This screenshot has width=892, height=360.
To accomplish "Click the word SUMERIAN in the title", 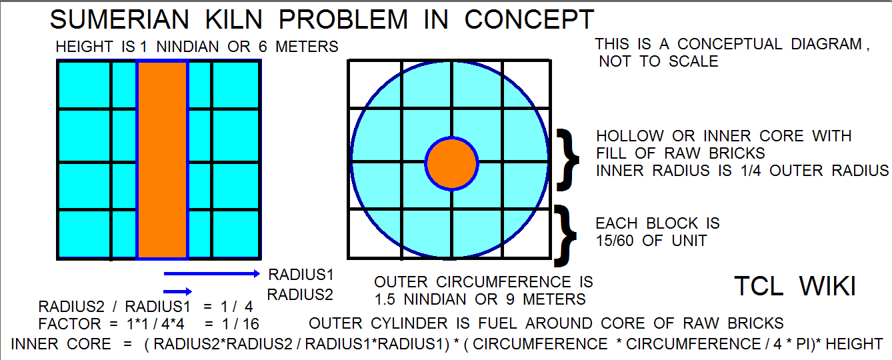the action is [x=119, y=19].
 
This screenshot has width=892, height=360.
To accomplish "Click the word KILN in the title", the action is [x=234, y=19].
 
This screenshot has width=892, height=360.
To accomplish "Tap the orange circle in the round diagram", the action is [x=451, y=163].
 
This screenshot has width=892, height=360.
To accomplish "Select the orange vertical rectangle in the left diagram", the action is [x=163, y=160].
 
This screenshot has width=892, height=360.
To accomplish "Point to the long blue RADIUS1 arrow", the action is [x=212, y=273].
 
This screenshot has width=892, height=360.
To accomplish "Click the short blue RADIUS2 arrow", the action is [x=177, y=292].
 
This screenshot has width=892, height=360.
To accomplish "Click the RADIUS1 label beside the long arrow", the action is [x=301, y=275].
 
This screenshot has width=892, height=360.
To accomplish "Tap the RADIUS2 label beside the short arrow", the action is [x=300, y=295].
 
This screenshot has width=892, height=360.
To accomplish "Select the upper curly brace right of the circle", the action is [x=568, y=160].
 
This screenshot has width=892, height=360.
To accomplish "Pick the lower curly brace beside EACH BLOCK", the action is [x=565, y=235].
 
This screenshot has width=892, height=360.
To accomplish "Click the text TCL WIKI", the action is [x=795, y=286].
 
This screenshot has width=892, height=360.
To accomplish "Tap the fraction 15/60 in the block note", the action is [x=615, y=241].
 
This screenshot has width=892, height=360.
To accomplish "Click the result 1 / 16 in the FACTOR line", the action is [x=241, y=324].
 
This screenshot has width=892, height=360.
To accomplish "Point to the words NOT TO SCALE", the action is [x=659, y=62].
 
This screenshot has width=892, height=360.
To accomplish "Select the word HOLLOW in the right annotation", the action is [x=629, y=136].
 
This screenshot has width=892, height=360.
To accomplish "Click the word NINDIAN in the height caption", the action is [x=187, y=47].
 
